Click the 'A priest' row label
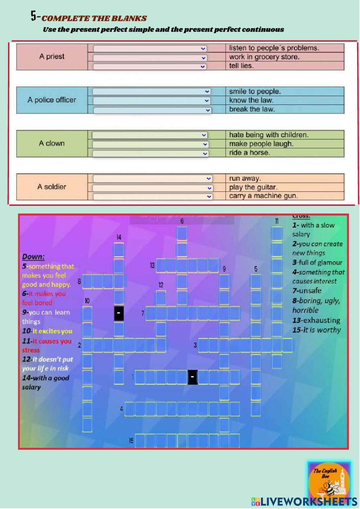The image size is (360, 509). (52, 57)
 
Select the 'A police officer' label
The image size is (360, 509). (52, 100)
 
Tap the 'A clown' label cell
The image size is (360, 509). (52, 143)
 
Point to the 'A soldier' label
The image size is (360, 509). (52, 187)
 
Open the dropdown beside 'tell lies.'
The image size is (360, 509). (150, 67)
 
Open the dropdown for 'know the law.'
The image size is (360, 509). (152, 101)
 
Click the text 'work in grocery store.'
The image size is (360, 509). (264, 57)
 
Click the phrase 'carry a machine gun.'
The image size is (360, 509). (264, 196)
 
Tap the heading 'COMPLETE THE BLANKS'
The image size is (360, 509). (94, 18)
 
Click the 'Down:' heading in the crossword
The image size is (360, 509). (33, 257)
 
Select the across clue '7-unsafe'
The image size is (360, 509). (307, 290)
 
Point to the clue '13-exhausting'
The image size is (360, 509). (316, 320)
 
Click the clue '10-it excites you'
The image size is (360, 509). (47, 331)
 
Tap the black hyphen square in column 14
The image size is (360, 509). (119, 313)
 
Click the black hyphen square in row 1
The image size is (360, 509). (193, 377)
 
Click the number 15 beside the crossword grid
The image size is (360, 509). (131, 441)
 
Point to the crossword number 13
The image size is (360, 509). (152, 265)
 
